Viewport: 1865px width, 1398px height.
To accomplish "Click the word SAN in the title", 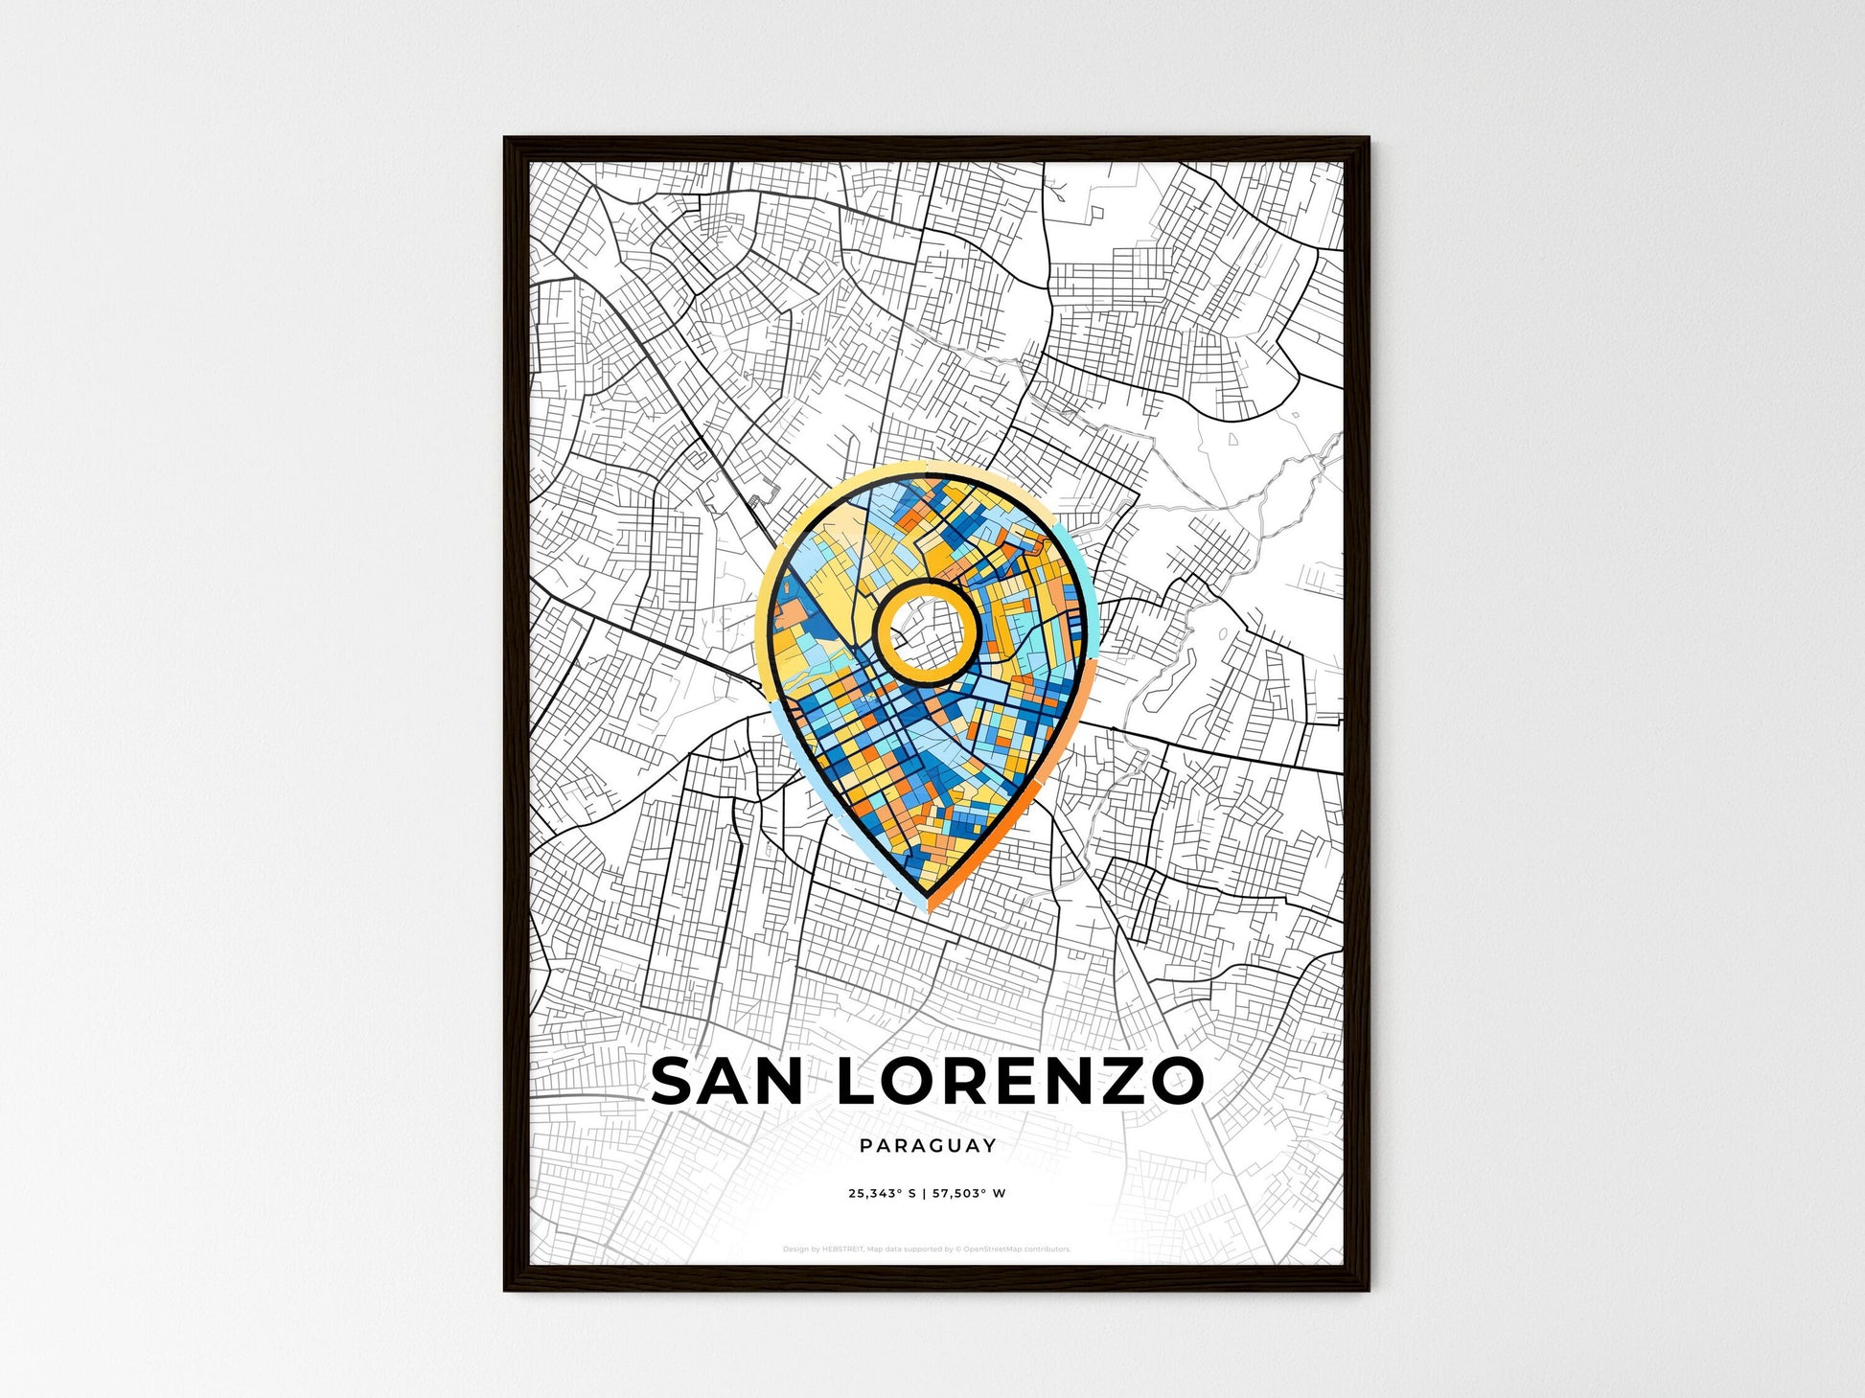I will [726, 1081].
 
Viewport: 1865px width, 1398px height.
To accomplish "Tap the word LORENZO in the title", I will [1021, 1081].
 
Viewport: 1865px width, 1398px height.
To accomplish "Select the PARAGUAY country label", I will [928, 1145].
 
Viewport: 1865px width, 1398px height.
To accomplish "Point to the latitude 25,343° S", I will [882, 1194].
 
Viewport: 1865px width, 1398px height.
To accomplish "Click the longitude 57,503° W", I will [969, 1194].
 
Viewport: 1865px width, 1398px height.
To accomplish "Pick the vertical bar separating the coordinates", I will [925, 1194].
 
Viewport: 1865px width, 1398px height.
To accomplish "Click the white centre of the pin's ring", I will [926, 629].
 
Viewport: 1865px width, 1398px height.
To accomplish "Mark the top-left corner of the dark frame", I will [506, 140].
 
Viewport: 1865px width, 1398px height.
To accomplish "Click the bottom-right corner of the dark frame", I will [1367, 1289].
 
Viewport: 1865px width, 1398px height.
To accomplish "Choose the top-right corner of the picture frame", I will [1367, 140].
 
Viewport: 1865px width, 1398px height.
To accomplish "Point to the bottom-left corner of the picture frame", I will [506, 1289].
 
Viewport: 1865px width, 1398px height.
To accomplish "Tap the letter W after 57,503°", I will [1000, 1194].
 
